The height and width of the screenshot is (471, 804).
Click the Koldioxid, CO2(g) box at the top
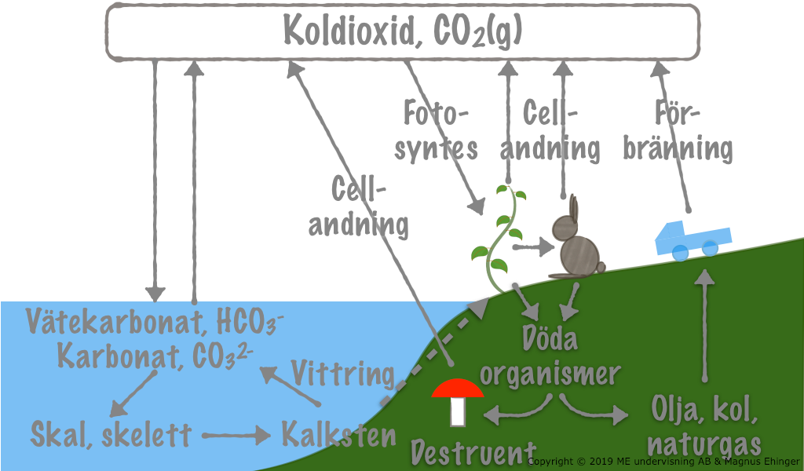402,31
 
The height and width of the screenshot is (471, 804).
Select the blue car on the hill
691,239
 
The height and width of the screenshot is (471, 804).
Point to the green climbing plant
500,235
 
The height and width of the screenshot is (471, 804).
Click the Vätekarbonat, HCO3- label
154,321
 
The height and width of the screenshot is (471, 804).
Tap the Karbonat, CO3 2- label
154,356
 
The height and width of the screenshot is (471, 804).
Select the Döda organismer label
550,357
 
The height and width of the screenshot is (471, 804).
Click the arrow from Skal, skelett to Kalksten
235,433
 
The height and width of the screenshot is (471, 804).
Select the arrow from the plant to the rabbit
533,247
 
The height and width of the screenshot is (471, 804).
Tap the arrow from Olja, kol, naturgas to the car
704,322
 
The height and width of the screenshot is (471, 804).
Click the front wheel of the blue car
710,249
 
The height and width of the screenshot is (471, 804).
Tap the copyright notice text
664,462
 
